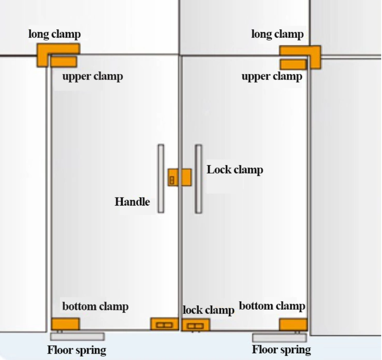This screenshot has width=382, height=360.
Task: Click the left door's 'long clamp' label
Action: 55,34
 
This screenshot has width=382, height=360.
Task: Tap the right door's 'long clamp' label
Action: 278,34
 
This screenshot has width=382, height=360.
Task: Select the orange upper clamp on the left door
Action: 63,62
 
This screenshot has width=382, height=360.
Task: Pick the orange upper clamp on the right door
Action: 293,65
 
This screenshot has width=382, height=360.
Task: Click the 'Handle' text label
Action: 132,202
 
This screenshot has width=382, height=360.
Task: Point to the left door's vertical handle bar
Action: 161,179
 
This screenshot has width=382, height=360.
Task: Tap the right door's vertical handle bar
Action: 198,179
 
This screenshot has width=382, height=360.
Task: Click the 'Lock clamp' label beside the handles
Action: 235,170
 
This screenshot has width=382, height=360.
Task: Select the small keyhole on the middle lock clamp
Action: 172,180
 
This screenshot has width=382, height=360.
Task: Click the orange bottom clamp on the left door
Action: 65,324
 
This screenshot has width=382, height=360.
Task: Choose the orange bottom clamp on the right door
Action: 293,324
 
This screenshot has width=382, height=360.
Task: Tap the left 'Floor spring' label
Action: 77,350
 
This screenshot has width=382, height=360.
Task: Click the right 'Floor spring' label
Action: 281,349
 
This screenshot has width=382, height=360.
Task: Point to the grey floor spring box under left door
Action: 77,336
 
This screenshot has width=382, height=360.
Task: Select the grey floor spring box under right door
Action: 280,338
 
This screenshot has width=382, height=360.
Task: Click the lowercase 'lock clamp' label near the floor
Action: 209,310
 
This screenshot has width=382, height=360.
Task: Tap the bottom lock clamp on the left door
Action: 165,324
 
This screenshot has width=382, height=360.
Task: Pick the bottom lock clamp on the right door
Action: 195,325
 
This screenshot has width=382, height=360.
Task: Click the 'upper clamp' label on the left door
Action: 93,77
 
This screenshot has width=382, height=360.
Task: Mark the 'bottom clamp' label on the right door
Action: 272,306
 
